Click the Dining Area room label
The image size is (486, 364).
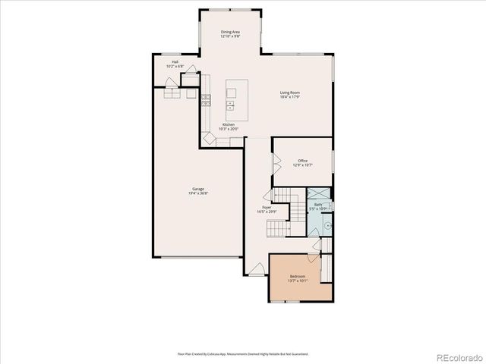point(231,32)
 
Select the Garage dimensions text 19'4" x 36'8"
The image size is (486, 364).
point(197,194)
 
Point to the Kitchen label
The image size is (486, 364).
point(229,124)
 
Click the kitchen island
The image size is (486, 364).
point(231,99)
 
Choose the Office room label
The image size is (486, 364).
point(302,160)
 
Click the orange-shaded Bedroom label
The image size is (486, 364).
point(297,276)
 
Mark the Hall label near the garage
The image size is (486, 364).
point(175,62)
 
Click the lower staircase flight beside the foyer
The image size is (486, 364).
point(281,228)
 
